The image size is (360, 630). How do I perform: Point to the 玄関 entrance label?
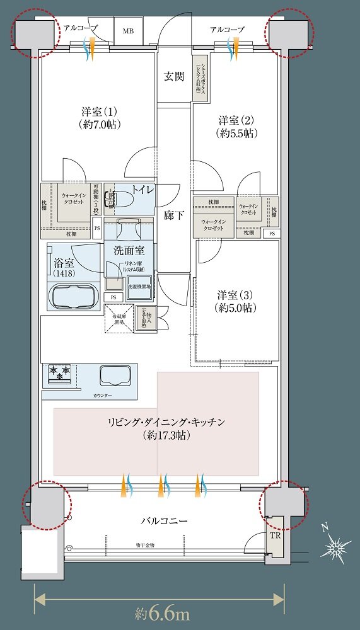pos(174,77)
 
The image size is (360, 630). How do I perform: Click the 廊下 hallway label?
pos(174,215)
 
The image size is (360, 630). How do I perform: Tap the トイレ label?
pos(143,189)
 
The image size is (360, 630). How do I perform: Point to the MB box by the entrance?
pos(128,30)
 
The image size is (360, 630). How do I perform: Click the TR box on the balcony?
pos(276,535)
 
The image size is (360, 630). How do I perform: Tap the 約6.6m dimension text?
pos(162,612)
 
